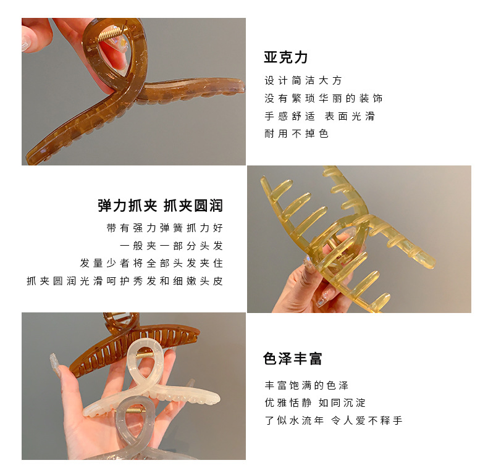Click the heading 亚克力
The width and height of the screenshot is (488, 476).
tap(286, 57)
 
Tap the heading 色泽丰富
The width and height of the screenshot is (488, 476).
tap(293, 359)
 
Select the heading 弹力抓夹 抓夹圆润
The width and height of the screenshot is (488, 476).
tap(160, 206)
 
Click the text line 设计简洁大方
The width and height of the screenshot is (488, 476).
tap(303, 81)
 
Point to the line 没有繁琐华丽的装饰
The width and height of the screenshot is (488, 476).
tap(323, 98)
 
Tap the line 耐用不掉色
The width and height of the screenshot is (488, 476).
tap(297, 134)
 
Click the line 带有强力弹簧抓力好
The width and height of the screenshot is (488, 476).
tap(165, 228)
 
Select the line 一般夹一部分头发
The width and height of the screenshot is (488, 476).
tap(172, 246)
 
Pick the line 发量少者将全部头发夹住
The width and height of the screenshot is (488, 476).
tap(151, 263)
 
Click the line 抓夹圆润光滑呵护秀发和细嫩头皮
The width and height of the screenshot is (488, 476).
tap(125, 281)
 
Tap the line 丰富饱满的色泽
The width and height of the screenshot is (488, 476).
tap(306, 385)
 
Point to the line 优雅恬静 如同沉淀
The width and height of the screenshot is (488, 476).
tap(315, 403)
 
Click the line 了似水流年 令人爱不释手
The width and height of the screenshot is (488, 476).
tap(334, 420)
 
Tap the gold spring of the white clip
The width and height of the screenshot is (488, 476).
tap(145, 355)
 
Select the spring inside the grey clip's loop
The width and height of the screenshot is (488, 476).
tap(134, 411)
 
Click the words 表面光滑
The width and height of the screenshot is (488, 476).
tap(350, 116)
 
